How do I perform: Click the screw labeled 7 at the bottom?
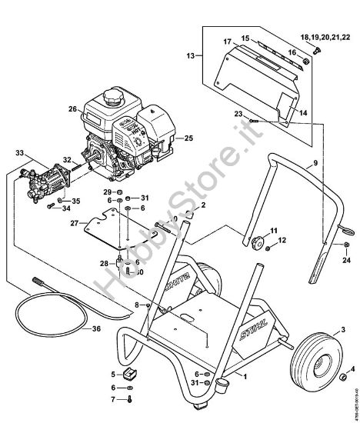point(128,400)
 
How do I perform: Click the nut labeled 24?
point(347,247)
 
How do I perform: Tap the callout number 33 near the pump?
point(20,154)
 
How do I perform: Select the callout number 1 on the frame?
point(245,378)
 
